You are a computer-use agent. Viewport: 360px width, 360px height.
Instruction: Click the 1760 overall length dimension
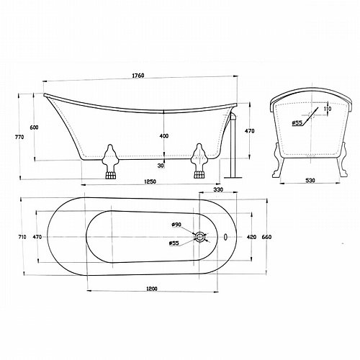(138, 76)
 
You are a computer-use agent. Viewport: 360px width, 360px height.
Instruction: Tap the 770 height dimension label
(20, 137)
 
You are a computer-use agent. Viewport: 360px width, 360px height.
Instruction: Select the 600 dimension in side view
(34, 127)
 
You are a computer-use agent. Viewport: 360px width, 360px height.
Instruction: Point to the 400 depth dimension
(164, 136)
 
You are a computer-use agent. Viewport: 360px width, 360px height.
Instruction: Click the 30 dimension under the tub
(161, 166)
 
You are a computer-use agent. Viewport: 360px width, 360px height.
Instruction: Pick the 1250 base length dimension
(150, 181)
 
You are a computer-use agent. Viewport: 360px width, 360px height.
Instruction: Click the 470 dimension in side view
(250, 131)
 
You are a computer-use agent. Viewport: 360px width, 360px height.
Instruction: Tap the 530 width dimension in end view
(310, 180)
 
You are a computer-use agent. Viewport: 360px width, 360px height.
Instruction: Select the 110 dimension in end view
(328, 109)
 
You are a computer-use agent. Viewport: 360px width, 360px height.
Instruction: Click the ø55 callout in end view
(297, 123)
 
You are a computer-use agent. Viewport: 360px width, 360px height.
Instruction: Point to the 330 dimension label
(218, 189)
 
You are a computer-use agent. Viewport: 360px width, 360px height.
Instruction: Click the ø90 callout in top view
(176, 225)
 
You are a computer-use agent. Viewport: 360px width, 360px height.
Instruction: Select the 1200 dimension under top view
(152, 289)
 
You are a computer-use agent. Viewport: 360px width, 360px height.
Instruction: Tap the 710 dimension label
(22, 237)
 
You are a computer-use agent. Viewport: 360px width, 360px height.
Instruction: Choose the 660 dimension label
(266, 237)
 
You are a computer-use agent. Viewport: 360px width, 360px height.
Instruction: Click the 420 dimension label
(251, 237)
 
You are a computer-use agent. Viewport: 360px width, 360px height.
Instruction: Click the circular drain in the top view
(199, 237)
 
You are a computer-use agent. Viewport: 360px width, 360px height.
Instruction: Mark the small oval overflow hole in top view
(225, 237)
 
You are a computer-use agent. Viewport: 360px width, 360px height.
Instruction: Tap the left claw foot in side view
(110, 161)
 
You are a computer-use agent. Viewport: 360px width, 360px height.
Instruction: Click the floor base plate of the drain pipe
(233, 178)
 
